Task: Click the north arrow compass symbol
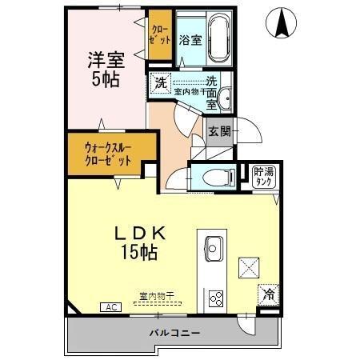[282, 22]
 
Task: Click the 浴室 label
[190, 40]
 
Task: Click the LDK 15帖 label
[139, 242]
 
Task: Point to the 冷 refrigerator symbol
[268, 294]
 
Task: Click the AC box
[107, 306]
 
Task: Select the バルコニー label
[174, 333]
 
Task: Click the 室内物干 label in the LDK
[155, 296]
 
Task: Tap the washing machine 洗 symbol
[160, 82]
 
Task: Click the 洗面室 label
[211, 91]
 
